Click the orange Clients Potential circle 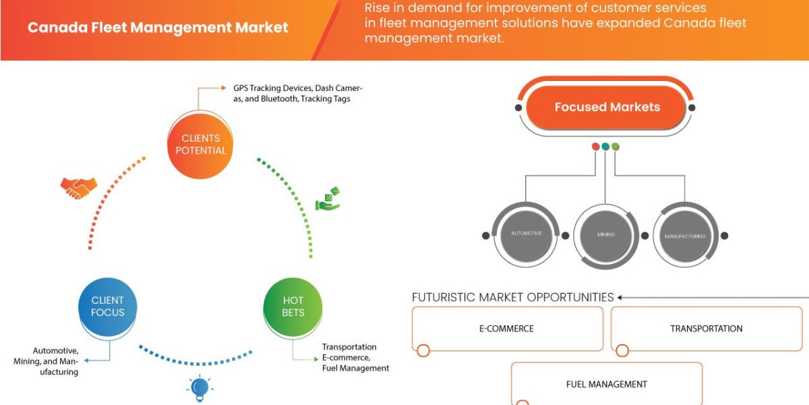(200, 144)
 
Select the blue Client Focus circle (108, 306)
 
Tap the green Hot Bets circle (293, 306)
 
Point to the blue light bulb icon (199, 387)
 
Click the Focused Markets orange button (607, 107)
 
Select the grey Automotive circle (527, 235)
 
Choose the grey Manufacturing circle (685, 236)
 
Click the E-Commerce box (507, 329)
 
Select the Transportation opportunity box (706, 329)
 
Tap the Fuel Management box (606, 384)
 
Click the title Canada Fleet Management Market (158, 28)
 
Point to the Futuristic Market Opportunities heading (512, 297)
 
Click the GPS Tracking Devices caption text (297, 93)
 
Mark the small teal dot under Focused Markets (605, 146)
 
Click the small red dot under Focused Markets (595, 146)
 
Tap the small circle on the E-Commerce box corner (423, 350)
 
